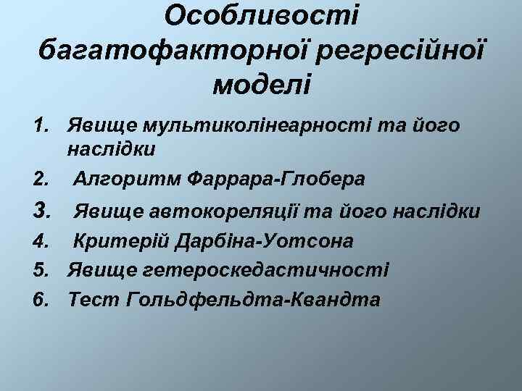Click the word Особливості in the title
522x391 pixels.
[262, 16]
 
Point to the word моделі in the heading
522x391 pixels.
[262, 85]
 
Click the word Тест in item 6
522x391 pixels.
[94, 298]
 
